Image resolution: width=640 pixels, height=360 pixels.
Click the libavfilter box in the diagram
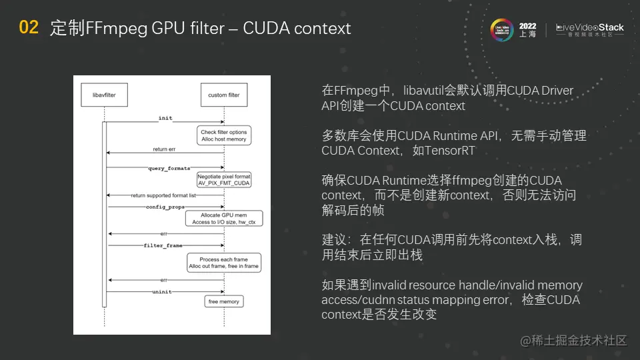coord(104,95)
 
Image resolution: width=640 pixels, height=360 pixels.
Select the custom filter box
coord(224,95)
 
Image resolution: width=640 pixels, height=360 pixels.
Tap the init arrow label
coord(165,118)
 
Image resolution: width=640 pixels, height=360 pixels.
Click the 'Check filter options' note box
coord(224,136)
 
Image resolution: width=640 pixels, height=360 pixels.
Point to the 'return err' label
coord(165,149)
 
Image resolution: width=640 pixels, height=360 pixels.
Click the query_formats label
coord(169,169)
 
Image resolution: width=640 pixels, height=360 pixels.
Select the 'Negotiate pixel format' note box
coord(224,180)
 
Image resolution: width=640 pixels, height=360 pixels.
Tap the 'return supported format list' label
coord(163,196)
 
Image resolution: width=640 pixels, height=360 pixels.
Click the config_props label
coord(165,207)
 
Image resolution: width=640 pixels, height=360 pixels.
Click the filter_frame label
coord(163,245)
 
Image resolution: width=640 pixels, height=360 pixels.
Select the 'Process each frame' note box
coord(223,263)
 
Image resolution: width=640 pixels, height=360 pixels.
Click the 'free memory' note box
coord(224,302)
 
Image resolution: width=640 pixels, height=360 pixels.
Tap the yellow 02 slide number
coord(29,28)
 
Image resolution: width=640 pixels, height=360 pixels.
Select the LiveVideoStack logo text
coord(590,28)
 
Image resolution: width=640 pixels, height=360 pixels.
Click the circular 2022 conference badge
coord(501,29)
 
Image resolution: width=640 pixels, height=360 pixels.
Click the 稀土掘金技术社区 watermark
coord(574,341)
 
